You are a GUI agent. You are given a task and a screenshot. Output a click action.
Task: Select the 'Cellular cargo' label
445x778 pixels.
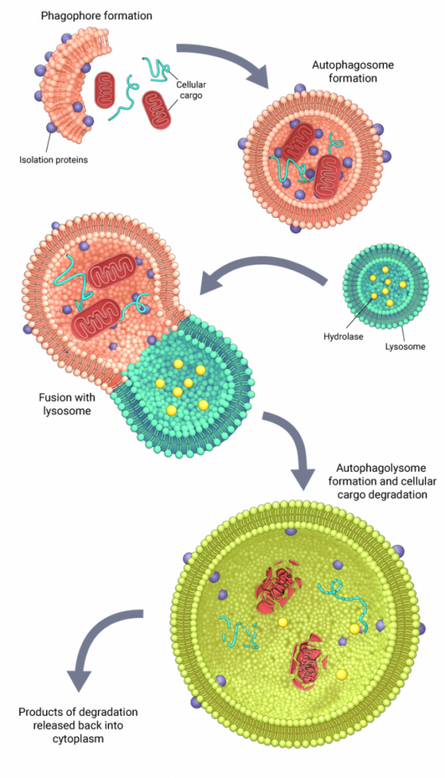(x=191, y=89)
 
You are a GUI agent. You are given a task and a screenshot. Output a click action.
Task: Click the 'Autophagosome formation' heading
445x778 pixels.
(x=352, y=71)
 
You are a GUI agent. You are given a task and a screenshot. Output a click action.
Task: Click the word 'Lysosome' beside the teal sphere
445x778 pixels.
(x=405, y=346)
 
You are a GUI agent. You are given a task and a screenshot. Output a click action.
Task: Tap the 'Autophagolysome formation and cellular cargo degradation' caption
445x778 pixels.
(x=381, y=481)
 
